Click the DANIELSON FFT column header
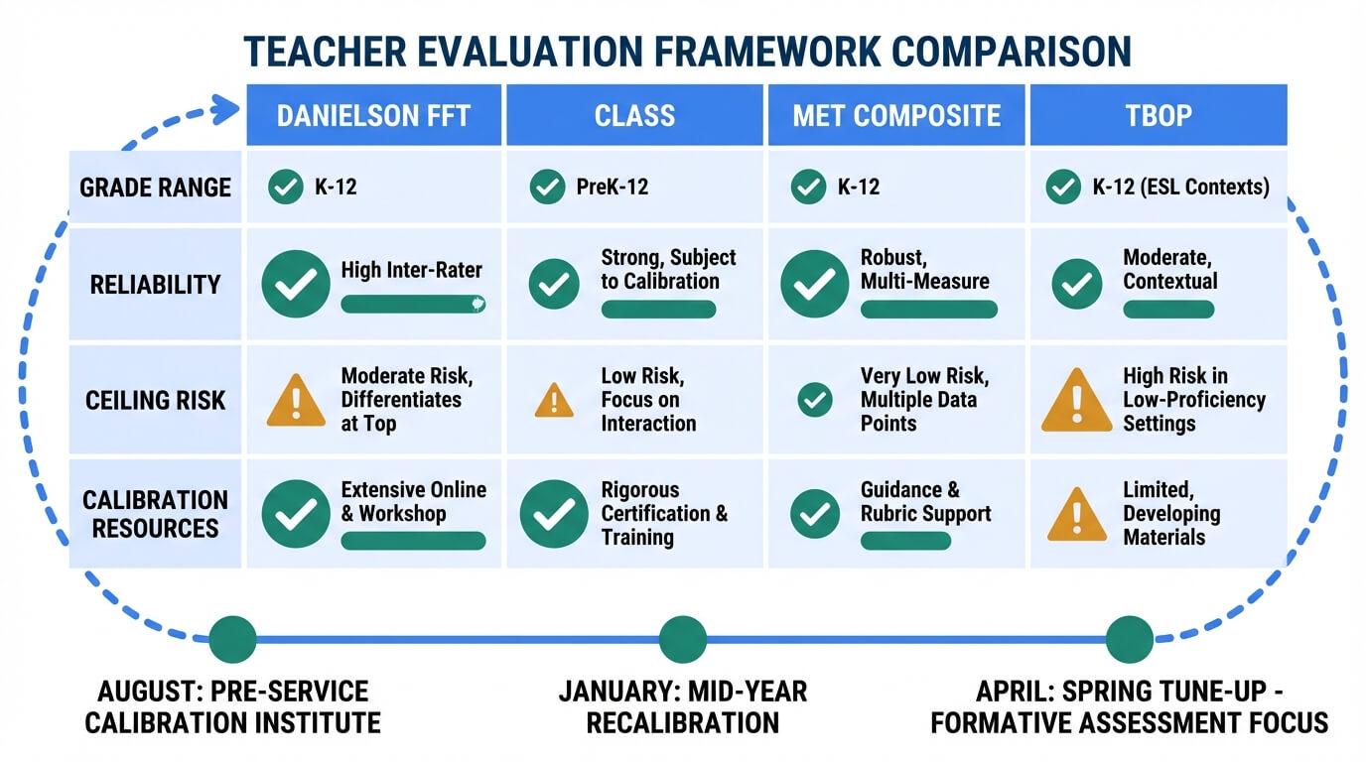point(374,115)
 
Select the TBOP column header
point(1159,115)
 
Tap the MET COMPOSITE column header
point(896,115)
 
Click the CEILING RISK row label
point(156,401)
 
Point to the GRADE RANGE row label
point(156,188)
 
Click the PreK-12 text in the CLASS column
point(613,187)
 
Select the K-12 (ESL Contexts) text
point(1180,187)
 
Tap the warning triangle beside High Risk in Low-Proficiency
point(1077,401)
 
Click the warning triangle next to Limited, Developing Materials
point(1077,516)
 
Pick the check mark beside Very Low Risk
point(815,400)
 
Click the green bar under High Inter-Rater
point(413,305)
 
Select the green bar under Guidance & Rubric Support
point(905,541)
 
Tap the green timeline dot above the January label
point(683,640)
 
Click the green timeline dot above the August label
point(233,640)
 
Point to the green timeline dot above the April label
point(1130,640)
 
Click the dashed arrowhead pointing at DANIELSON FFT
point(224,110)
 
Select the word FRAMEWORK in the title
point(767,51)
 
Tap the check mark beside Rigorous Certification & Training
point(554,514)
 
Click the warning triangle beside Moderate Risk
point(296,400)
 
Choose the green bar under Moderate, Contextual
point(1168,310)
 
